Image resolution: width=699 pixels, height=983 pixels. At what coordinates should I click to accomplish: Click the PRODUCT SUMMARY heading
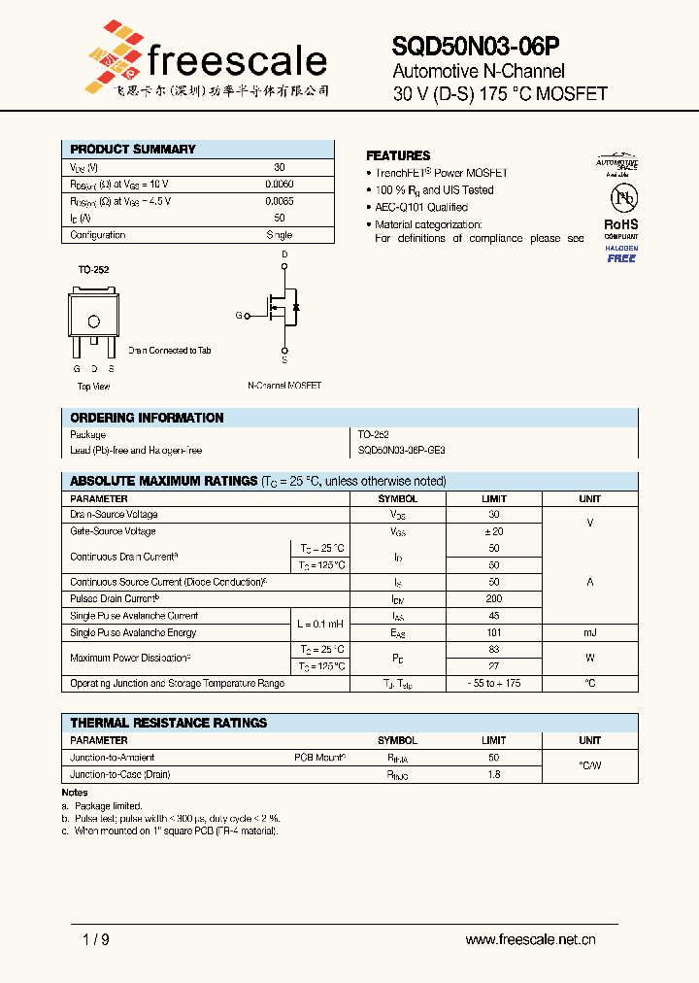tap(133, 150)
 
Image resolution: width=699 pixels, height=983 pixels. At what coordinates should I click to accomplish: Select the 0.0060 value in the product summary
tap(280, 184)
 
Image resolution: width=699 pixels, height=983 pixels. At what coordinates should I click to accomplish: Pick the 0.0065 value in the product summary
tap(280, 201)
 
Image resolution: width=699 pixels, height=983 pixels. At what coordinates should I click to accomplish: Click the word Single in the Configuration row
tap(280, 235)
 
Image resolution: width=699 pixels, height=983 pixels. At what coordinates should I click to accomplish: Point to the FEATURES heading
tap(398, 155)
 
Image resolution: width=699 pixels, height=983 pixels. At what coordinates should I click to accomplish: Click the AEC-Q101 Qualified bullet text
tap(421, 207)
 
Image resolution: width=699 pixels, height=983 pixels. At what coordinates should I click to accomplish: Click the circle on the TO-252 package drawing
tap(93, 322)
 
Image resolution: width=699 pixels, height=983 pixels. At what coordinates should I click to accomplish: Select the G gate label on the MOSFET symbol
tap(238, 315)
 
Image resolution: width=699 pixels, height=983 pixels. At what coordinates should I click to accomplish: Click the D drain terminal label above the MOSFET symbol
tap(284, 254)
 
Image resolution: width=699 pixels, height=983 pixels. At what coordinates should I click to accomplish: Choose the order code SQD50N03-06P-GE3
tap(402, 451)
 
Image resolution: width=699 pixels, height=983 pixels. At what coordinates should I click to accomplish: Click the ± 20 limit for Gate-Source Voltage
tap(494, 531)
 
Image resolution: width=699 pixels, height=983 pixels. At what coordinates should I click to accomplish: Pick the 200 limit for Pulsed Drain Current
tap(494, 599)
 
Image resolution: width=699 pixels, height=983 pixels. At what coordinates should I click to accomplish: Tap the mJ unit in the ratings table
tap(589, 632)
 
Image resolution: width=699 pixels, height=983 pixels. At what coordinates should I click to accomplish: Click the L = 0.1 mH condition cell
tap(320, 624)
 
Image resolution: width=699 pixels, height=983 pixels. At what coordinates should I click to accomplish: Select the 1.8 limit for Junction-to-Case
tap(494, 774)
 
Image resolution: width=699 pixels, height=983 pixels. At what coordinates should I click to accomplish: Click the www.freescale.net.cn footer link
tap(530, 939)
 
